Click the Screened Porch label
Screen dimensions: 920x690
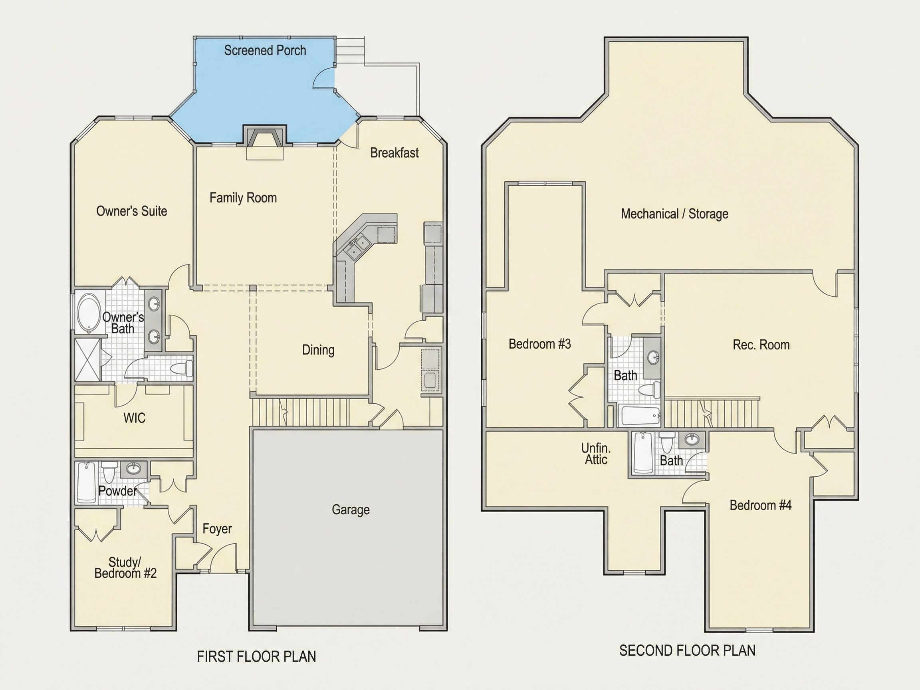click(265, 50)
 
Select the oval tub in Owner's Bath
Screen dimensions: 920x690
click(88, 313)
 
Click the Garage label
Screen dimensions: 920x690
click(351, 510)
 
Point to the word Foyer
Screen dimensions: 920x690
click(217, 529)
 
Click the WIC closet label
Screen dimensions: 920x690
click(134, 418)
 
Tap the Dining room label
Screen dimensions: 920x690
click(318, 350)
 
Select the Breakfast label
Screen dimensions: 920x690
click(394, 153)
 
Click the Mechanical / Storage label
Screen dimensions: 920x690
click(674, 214)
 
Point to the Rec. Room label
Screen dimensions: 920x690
click(761, 345)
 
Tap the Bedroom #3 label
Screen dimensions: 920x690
click(540, 344)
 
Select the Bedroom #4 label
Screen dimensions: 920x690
click(761, 506)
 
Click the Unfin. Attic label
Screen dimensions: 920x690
click(596, 454)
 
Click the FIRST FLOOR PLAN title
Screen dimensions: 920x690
click(256, 656)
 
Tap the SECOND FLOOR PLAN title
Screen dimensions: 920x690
click(688, 650)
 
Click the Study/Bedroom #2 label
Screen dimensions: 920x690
click(126, 568)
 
